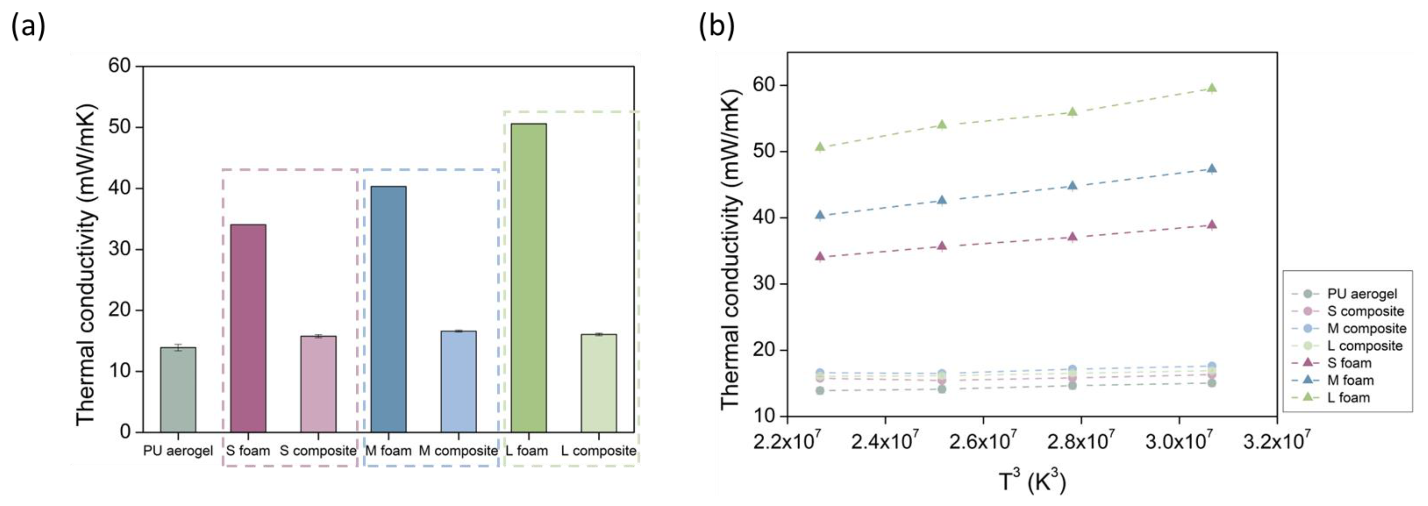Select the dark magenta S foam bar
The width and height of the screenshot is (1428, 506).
click(x=248, y=328)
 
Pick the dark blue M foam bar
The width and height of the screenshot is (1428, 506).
click(x=388, y=309)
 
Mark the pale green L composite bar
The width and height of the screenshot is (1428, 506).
click(x=599, y=383)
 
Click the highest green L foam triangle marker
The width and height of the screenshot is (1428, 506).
click(x=1212, y=88)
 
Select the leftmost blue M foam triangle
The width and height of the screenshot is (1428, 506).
click(x=820, y=215)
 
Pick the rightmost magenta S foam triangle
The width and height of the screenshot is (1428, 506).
click(x=1212, y=224)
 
